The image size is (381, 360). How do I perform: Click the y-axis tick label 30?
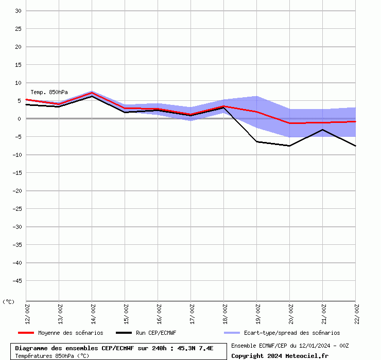(x=18, y=11)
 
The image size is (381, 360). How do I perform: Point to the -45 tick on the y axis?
(x=16, y=281)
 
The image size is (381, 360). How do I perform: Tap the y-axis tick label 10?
(x=18, y=83)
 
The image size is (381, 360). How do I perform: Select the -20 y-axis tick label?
(x=16, y=191)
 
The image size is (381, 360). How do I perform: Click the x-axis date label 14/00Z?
(x=93, y=313)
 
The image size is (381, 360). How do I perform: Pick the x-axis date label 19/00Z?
(x=257, y=313)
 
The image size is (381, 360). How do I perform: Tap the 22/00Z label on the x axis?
(x=356, y=313)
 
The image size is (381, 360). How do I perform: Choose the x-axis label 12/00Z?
(x=27, y=313)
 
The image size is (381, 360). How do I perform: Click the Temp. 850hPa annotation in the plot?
(x=49, y=92)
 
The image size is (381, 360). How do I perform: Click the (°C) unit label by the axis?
(x=9, y=302)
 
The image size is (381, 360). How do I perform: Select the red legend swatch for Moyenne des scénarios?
(x=26, y=333)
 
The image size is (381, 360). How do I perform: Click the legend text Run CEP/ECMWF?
(x=156, y=333)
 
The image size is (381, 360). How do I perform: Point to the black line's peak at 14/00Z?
(x=92, y=96)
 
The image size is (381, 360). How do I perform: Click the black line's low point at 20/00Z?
(x=289, y=146)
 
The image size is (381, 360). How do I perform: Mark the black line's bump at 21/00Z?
(x=322, y=130)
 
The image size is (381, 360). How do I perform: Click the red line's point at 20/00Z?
(x=289, y=123)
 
